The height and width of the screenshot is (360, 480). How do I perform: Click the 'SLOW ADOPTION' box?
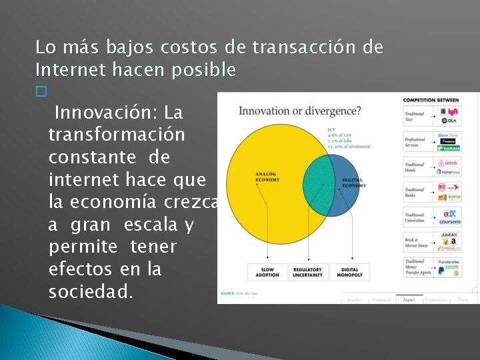click(267, 272)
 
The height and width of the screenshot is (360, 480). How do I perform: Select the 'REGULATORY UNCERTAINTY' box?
click(307, 272)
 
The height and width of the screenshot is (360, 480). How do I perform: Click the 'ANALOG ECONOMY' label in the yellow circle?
click(267, 177)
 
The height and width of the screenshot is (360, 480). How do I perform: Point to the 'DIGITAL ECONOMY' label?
click(353, 183)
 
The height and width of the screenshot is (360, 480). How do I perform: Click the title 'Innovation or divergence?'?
click(299, 111)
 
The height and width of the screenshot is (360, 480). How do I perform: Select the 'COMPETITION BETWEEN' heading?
click(431, 100)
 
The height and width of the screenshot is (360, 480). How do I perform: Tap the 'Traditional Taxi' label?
click(415, 116)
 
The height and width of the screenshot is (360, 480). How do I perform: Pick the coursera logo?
click(449, 221)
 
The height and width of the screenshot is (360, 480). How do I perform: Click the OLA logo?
click(452, 121)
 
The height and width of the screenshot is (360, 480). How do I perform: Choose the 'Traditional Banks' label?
click(415, 192)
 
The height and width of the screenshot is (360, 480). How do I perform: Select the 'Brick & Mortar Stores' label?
click(415, 242)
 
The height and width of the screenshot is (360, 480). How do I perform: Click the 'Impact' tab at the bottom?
click(409, 299)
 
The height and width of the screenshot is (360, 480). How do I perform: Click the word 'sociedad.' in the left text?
click(92, 291)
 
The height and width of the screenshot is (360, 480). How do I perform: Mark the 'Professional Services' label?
click(415, 142)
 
